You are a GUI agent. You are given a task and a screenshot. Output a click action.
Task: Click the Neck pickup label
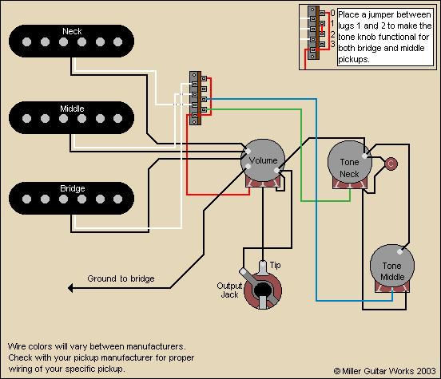pyautogui.click(x=72, y=31)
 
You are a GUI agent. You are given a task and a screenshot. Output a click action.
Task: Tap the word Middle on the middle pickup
pyautogui.click(x=72, y=109)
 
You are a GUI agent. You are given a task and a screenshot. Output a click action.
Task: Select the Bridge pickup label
pyautogui.click(x=72, y=188)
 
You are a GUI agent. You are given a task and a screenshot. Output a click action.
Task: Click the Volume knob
pyautogui.click(x=263, y=160)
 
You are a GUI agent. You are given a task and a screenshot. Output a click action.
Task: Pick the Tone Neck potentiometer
pyautogui.click(x=350, y=163)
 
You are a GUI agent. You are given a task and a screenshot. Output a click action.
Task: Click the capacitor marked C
pyautogui.click(x=391, y=164)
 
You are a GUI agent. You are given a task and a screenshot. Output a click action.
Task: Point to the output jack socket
pyautogui.click(x=262, y=290)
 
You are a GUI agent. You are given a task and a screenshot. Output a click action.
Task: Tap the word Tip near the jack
pyautogui.click(x=275, y=265)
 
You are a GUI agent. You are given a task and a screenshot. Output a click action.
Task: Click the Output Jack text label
pyautogui.click(x=229, y=290)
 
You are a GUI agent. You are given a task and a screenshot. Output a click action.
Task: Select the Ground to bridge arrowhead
pyautogui.click(x=70, y=288)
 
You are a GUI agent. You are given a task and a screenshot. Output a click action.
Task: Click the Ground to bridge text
pyautogui.click(x=121, y=278)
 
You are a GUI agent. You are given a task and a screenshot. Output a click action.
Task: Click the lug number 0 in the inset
pyautogui.click(x=332, y=13)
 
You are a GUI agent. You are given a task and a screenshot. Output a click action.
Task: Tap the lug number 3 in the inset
pyautogui.click(x=332, y=44)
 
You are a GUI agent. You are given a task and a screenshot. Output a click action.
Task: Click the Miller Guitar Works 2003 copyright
pyautogui.click(x=385, y=371)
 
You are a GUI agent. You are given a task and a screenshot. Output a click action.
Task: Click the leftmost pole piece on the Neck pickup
pyautogui.click(x=26, y=41)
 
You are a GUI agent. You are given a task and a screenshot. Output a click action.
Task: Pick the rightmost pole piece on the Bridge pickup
pyautogui.click(x=118, y=199)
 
